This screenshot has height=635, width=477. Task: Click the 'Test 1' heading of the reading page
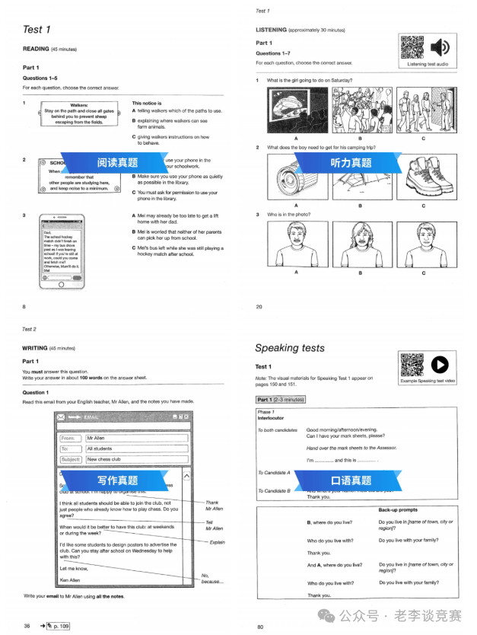[x=37, y=30]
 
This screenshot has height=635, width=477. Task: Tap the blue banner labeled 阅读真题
[x=117, y=163]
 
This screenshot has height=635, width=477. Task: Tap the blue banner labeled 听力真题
[x=351, y=163]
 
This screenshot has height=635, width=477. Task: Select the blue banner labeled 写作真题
[x=117, y=480]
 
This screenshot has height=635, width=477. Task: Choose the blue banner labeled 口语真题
[x=351, y=480]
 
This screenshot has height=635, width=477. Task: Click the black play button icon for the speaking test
[x=440, y=366]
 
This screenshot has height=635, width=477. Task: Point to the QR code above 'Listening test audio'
[x=412, y=47]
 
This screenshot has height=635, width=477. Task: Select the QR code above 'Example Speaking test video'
[x=412, y=366]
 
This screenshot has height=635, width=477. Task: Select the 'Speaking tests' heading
[x=289, y=348]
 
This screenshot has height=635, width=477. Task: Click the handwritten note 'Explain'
[x=217, y=542]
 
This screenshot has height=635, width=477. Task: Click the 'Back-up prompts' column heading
[x=398, y=510]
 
